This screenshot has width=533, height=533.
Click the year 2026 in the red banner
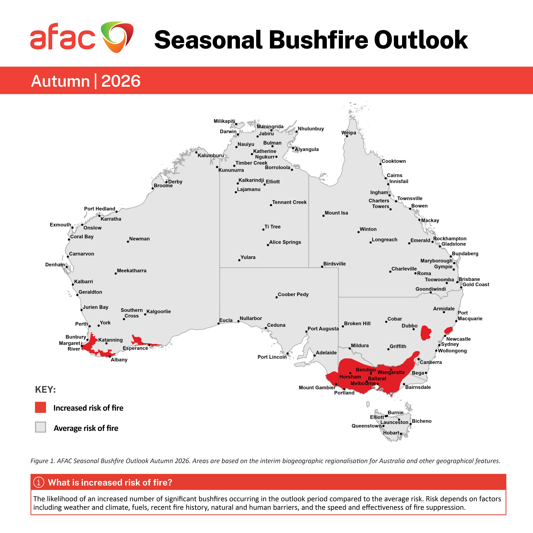point(121,81)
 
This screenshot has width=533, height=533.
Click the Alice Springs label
point(285,242)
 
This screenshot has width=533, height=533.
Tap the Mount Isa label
point(336,213)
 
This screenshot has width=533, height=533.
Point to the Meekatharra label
point(132,271)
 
